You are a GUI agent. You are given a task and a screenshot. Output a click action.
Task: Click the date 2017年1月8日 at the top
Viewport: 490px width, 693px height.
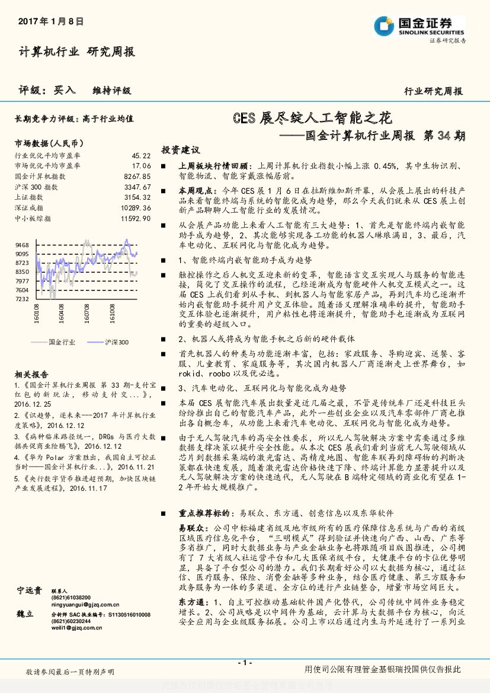[x=51, y=21]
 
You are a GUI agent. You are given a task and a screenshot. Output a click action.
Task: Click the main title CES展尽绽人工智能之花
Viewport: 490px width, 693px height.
[x=312, y=119]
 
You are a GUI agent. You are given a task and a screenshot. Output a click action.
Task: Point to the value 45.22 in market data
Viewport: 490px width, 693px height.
[x=141, y=155]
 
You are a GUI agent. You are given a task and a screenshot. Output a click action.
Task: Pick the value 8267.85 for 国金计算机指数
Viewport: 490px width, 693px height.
[x=137, y=176]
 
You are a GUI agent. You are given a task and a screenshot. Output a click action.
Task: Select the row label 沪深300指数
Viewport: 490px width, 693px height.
[x=36, y=187]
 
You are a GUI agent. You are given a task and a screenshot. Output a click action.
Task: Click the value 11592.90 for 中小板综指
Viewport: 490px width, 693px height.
[x=136, y=219]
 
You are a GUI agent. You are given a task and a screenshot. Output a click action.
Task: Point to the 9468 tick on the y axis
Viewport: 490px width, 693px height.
[x=22, y=245]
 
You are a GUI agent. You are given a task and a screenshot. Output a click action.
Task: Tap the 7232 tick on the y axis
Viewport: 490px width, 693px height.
[x=22, y=299]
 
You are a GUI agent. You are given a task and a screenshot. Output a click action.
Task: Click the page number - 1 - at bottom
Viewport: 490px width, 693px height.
[x=245, y=662]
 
